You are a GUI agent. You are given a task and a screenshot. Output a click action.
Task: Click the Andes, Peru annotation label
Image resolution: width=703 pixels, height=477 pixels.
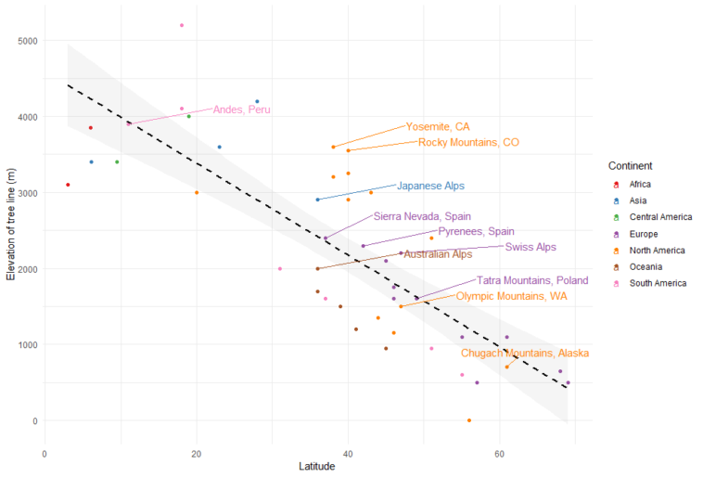pos(242,110)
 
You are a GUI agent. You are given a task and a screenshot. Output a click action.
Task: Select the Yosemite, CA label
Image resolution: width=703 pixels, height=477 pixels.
pos(438,126)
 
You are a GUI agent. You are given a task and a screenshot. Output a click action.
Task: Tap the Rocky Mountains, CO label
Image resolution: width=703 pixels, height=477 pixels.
pos(468,142)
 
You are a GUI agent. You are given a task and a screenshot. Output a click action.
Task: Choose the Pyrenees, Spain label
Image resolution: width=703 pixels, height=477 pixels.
pos(476,231)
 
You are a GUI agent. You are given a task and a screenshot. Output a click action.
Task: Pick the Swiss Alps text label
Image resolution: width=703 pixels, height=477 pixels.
pos(530,247)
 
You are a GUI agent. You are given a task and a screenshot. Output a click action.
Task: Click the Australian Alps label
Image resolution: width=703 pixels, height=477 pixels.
pos(438,254)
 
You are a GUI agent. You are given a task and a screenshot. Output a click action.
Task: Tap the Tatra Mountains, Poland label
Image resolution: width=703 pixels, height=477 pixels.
pos(532,280)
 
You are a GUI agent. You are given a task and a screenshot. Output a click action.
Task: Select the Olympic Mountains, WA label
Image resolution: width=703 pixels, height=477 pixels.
pos(512,296)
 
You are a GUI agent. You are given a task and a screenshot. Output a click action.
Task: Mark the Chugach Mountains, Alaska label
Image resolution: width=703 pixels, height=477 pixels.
pos(525,354)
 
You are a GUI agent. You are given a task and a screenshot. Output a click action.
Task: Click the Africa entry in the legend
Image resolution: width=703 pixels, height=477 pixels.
pos(639,184)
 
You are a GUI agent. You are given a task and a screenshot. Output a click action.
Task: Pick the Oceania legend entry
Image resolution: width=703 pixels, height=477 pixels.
pos(645,266)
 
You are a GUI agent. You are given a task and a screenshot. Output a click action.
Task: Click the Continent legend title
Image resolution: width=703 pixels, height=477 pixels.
pos(635,165)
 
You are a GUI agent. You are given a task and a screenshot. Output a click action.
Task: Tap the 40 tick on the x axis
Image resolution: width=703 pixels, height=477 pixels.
pos(348,453)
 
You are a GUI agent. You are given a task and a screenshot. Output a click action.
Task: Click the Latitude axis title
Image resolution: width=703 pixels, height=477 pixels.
pos(316,467)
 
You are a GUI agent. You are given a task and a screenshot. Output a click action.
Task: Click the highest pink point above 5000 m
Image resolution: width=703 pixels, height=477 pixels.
pos(182,25)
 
